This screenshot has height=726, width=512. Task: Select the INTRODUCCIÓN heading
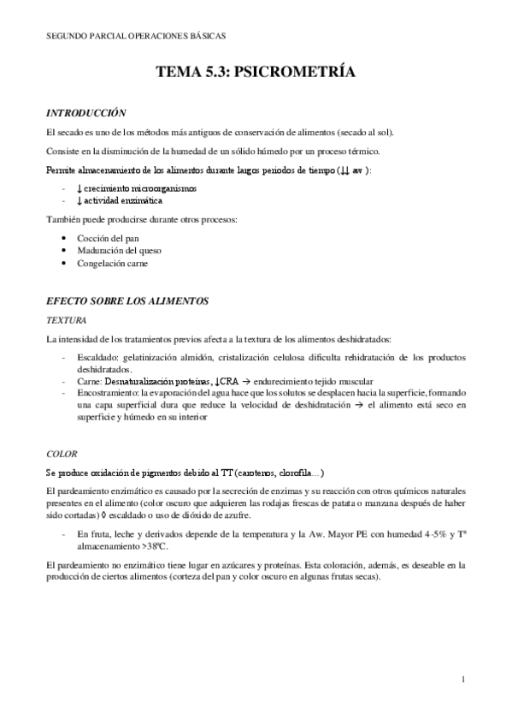[85, 112]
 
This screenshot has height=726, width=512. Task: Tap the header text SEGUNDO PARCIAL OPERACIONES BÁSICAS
[136, 36]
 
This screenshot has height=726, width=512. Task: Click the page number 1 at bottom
[462, 680]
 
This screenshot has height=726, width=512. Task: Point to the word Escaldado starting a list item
[97, 356]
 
